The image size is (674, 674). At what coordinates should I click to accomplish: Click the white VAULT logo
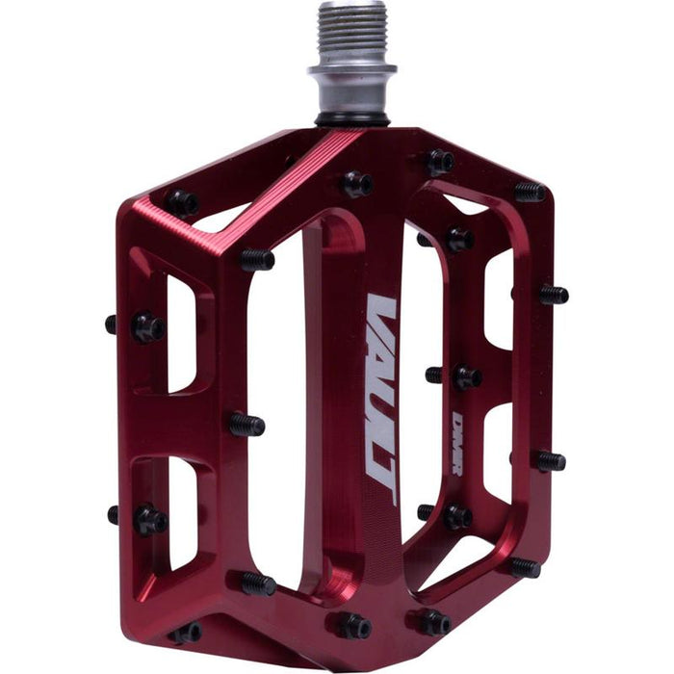(x=381, y=400)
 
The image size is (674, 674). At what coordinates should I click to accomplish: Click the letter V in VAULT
(x=381, y=313)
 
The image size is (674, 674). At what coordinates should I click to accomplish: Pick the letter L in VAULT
(x=381, y=438)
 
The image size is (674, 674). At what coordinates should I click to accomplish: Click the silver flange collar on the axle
(x=352, y=71)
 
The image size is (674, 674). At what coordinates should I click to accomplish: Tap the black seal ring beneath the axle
(x=353, y=118)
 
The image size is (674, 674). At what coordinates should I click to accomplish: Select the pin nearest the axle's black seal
(x=356, y=182)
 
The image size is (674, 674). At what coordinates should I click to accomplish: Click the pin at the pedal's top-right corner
(x=529, y=191)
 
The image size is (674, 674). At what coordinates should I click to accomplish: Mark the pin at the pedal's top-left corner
(x=182, y=202)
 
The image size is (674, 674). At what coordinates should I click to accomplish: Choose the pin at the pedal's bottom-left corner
(x=186, y=633)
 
